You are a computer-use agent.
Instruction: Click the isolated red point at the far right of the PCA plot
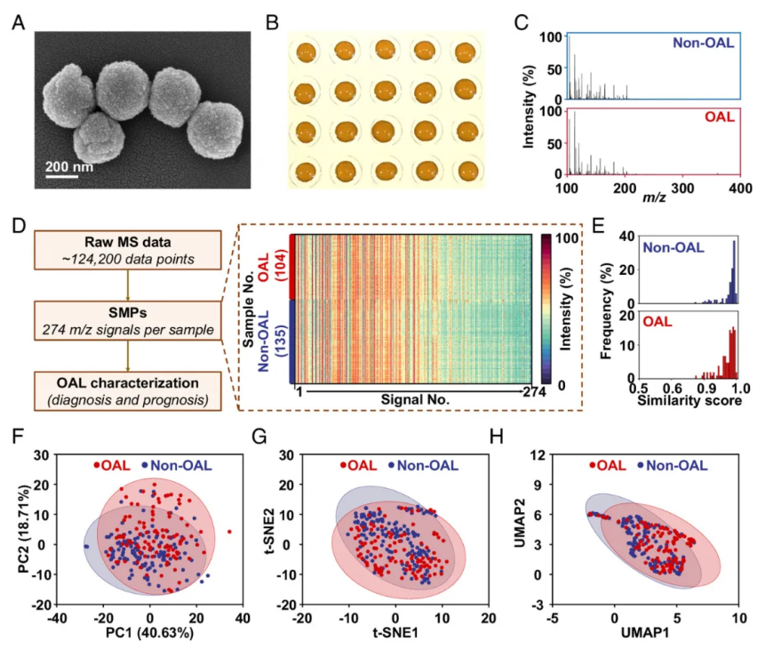[x=229, y=532]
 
